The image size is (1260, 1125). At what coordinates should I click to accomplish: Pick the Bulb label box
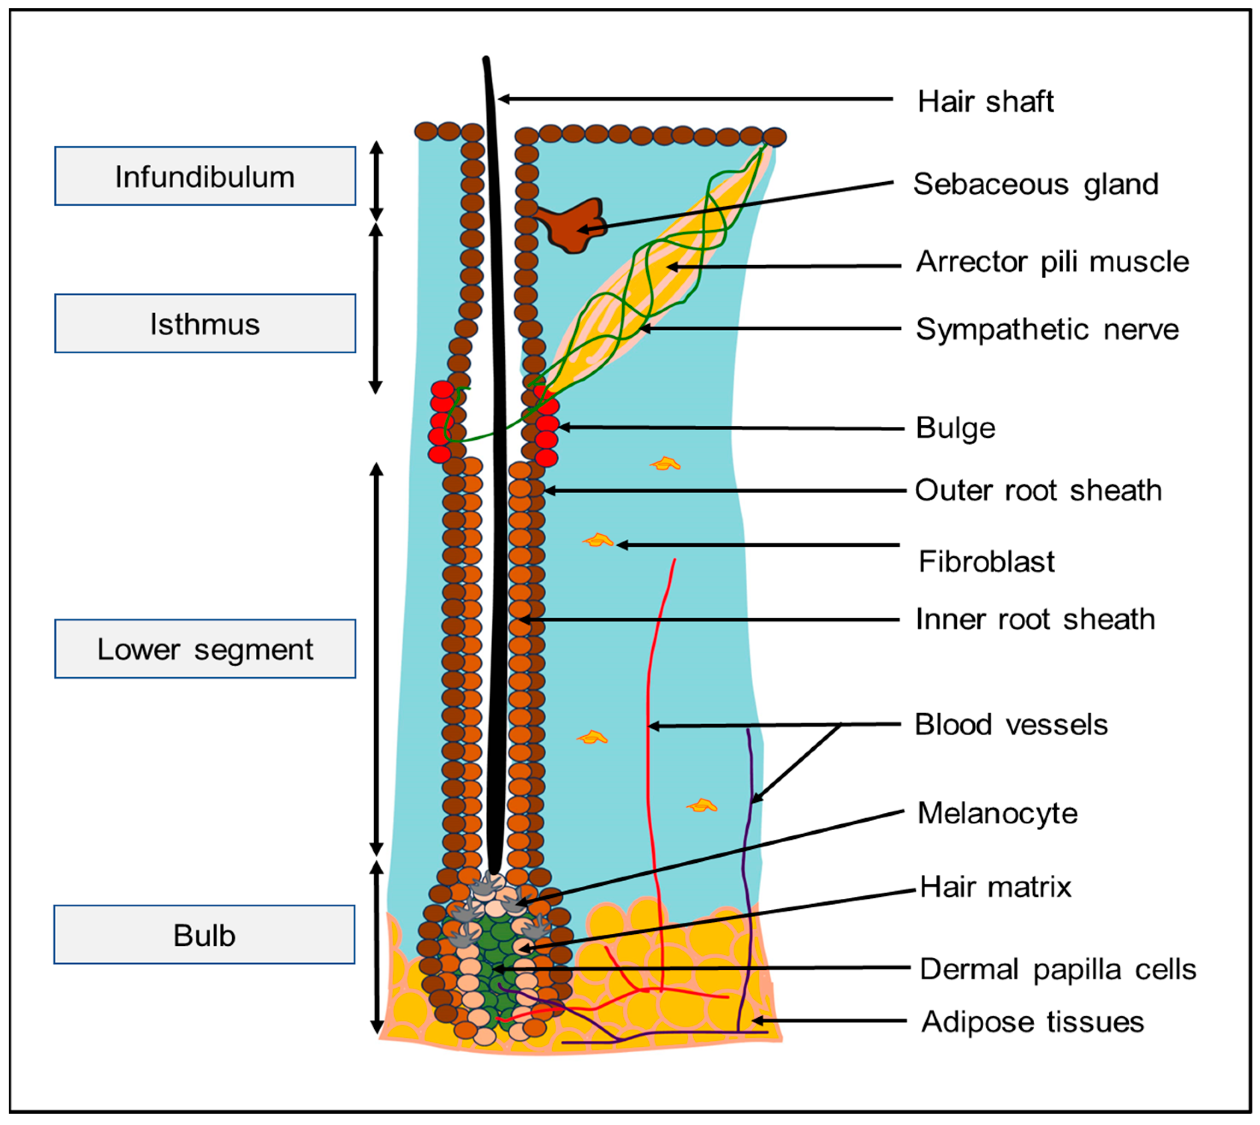[204, 935]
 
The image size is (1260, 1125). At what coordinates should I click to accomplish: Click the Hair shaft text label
[985, 101]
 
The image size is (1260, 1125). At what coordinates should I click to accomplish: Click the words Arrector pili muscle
[1052, 261]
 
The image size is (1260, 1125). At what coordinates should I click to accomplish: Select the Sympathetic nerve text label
[1047, 329]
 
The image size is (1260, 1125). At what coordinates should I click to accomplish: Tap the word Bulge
[955, 428]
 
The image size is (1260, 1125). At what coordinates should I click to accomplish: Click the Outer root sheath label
[1038, 490]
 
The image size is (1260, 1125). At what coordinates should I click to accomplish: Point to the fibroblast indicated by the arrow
[597, 541]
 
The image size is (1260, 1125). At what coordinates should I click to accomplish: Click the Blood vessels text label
[1011, 725]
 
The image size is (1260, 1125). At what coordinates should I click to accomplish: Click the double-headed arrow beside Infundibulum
[376, 181]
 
